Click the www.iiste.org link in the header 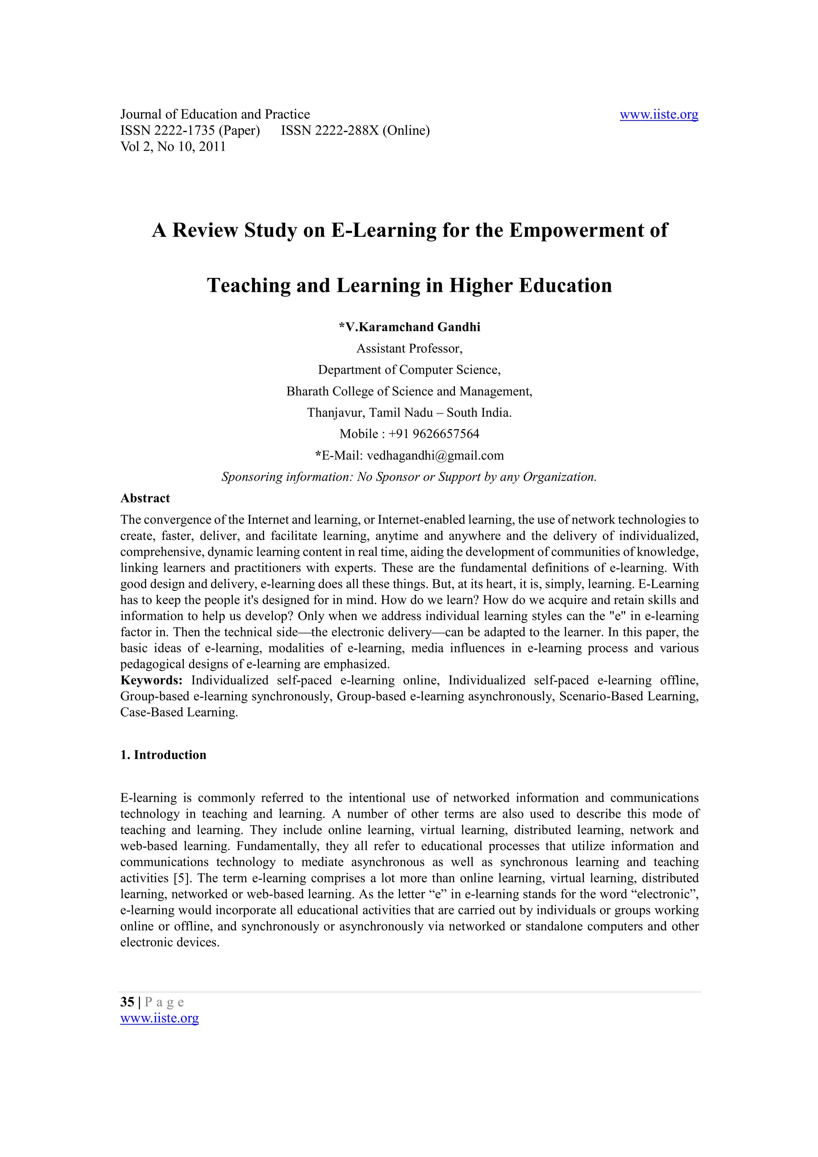pyautogui.click(x=659, y=115)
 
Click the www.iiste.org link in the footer pyautogui.click(x=159, y=1018)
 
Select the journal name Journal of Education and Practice pyautogui.click(x=215, y=115)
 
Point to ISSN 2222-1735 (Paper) pyautogui.click(x=190, y=131)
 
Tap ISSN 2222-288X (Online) pyautogui.click(x=355, y=131)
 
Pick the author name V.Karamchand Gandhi pyautogui.click(x=412, y=327)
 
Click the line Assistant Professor pyautogui.click(x=409, y=349)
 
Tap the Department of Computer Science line pyautogui.click(x=409, y=370)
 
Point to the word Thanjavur pyautogui.click(x=335, y=413)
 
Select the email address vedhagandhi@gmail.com pyautogui.click(x=435, y=456)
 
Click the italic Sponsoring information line pyautogui.click(x=409, y=477)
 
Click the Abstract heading pyautogui.click(x=145, y=498)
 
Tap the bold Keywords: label pyautogui.click(x=151, y=680)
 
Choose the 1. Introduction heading pyautogui.click(x=163, y=755)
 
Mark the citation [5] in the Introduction pyautogui.click(x=181, y=878)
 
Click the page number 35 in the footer pyautogui.click(x=127, y=1002)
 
